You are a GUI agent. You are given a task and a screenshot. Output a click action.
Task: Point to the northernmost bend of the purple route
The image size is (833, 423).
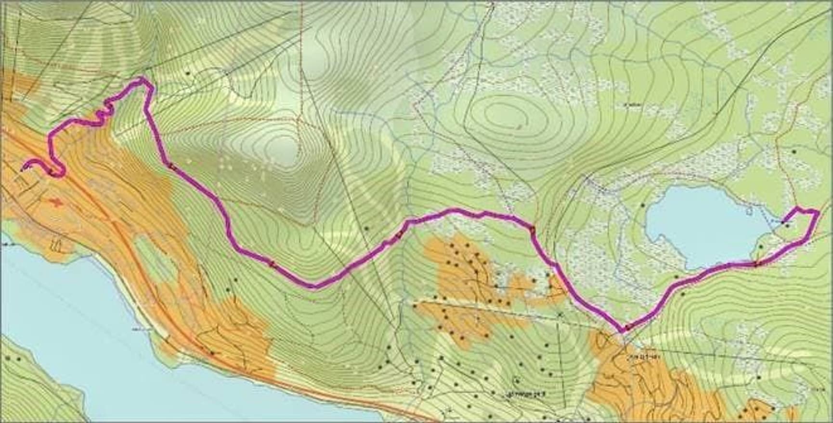click(x=142, y=78)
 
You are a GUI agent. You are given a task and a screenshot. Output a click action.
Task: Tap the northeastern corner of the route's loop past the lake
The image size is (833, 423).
click(x=818, y=211)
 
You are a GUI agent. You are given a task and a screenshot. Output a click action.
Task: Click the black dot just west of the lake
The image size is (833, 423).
click(x=643, y=205)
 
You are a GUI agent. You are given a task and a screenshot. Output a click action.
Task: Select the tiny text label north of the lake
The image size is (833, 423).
click(x=626, y=104)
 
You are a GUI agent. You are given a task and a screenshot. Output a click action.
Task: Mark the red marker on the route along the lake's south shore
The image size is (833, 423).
click(x=756, y=263)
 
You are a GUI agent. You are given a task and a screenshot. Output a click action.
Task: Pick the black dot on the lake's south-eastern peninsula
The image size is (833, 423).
click(x=760, y=246)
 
